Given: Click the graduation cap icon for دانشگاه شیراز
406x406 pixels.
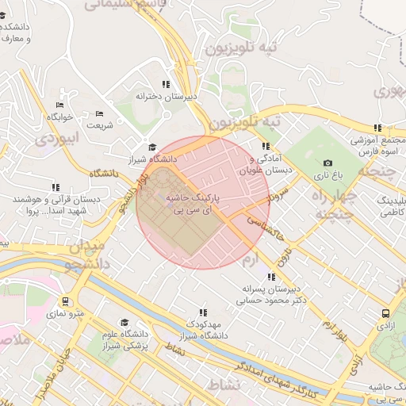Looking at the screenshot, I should [152, 147].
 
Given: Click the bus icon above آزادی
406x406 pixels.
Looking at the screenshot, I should [385, 313].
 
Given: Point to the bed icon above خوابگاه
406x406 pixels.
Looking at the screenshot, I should [59, 105].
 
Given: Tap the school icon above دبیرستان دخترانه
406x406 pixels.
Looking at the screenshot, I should [166, 83].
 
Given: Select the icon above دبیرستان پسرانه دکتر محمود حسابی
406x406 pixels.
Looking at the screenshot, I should [272, 278].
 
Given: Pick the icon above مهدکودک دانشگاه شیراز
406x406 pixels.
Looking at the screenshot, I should [203, 312].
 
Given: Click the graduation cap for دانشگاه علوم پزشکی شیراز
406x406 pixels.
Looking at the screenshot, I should [124, 323].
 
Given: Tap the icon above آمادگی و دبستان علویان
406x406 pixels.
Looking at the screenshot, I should [265, 146].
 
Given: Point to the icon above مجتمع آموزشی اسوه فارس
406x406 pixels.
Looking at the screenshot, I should [378, 128].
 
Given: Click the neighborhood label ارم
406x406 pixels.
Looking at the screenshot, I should [250, 260].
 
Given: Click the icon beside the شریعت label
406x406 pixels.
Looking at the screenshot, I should [99, 113].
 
